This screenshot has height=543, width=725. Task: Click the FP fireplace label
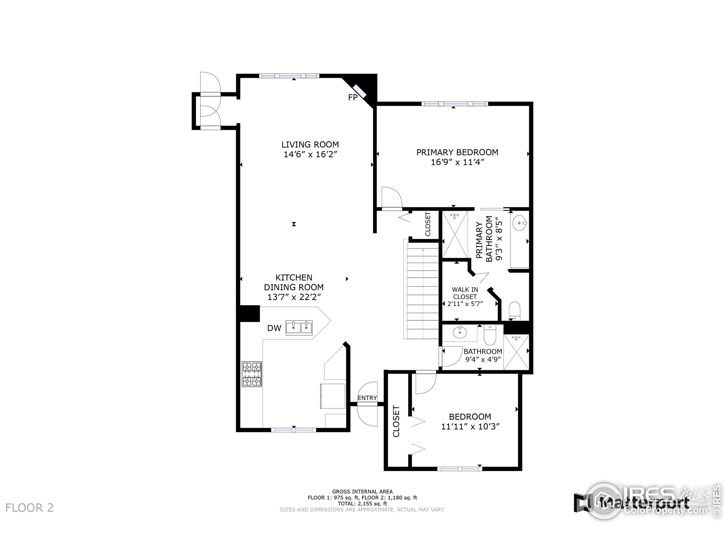point(353,98)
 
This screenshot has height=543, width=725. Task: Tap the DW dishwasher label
point(274,328)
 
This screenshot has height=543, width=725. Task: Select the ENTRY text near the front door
point(367,398)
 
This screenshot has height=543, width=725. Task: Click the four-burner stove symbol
point(252,374)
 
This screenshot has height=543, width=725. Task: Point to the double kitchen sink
point(299,327)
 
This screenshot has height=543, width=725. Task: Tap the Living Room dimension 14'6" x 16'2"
point(310,154)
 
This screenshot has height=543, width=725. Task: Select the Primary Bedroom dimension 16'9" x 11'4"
point(457,162)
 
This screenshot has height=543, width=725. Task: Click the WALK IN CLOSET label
point(465,293)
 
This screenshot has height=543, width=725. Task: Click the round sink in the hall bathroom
point(460,333)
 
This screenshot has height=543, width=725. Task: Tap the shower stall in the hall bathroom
point(516,352)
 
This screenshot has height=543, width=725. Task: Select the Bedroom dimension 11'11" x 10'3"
point(470,426)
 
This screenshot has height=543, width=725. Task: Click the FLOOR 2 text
point(29,508)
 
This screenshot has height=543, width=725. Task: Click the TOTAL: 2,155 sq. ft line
point(362,504)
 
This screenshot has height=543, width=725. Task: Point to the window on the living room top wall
point(289,76)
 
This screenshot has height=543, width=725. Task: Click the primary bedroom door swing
point(392,197)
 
